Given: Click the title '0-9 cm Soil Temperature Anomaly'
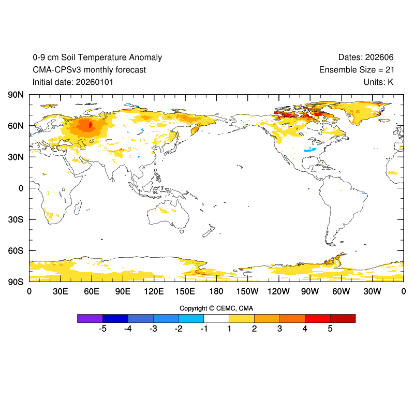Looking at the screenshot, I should coord(97,57).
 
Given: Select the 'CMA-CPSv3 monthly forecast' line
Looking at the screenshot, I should coord(89,70).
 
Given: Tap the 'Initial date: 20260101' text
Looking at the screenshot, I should coord(73,82).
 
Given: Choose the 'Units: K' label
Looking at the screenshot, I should coord(378,82).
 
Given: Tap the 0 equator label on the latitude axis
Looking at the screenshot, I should coord(21,188).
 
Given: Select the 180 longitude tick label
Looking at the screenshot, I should coord(216,291).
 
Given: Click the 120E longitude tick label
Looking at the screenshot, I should coord(154,291).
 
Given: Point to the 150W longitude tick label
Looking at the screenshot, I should coord(247,291).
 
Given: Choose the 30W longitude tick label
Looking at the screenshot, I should coord(372,291).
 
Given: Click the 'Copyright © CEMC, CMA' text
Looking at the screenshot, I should coord(216,308).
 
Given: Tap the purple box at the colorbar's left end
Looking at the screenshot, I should coord(90,318).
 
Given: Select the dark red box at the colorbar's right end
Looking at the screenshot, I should coord(343,318).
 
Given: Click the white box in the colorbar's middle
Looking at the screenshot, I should coord(216,318).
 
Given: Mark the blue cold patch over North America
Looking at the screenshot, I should coord(311,150).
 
